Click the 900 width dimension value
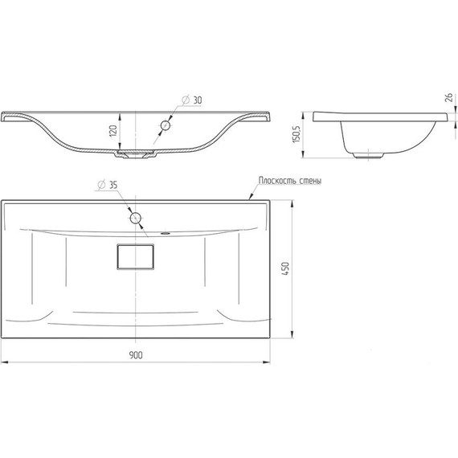136,355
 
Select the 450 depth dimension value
286,268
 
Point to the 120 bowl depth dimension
113,130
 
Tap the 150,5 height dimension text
296,134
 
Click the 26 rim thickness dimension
449,97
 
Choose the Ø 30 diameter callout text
191,100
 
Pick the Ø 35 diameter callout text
107,185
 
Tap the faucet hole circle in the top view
136,218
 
